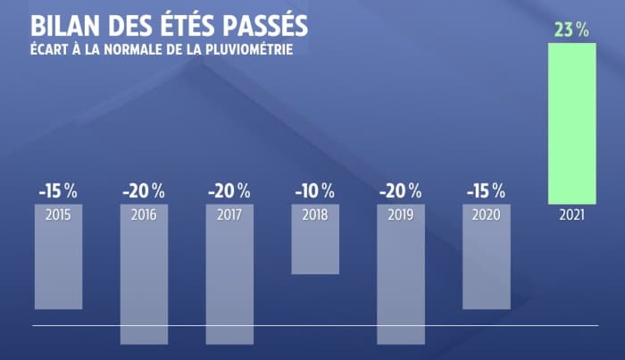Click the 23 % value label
(571, 29)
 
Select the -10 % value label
(315, 190)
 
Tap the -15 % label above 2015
(58, 190)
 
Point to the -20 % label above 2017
(229, 190)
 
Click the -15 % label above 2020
(487, 190)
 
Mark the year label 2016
(144, 215)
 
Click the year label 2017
(229, 215)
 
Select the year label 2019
(401, 215)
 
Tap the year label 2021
(571, 215)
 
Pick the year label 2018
(315, 215)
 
